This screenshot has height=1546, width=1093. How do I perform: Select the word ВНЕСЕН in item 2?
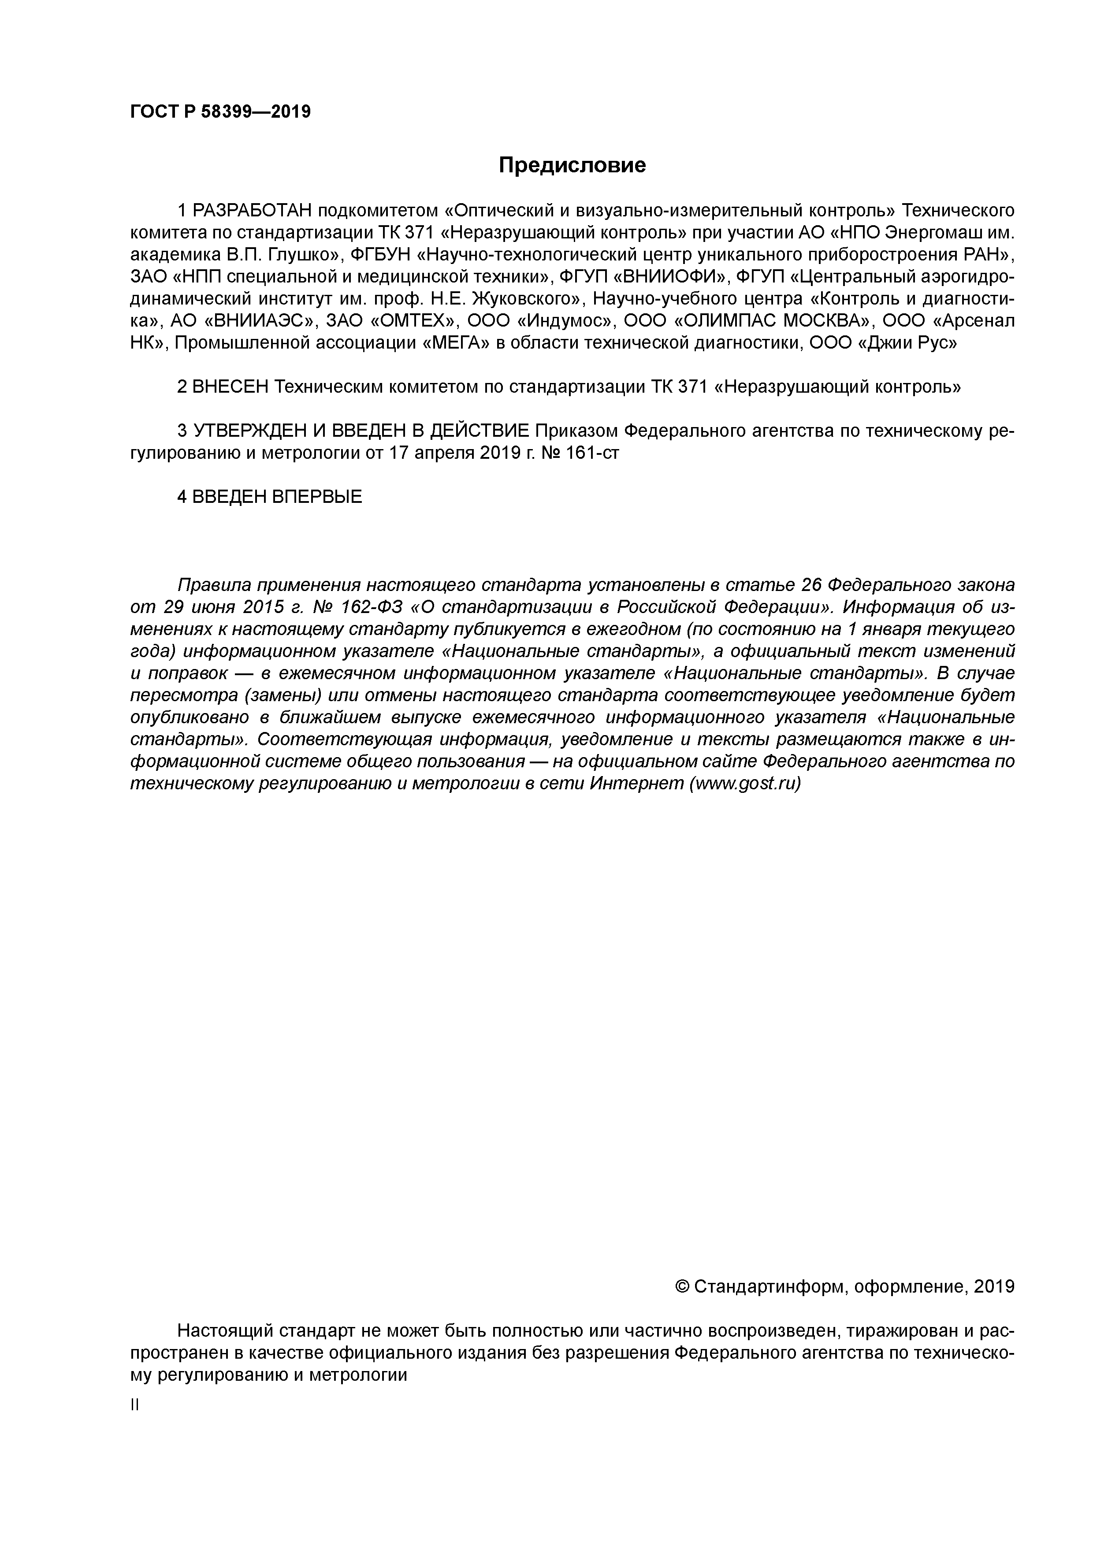pos(231,387)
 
